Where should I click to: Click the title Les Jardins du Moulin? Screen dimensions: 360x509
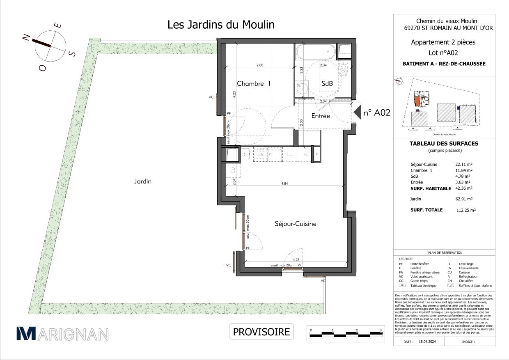tap(221, 25)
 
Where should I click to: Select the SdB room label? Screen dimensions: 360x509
tap(327, 83)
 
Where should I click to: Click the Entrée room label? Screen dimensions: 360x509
tap(320, 116)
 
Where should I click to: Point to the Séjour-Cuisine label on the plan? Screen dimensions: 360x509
tap(295, 224)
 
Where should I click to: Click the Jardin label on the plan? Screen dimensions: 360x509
tap(142, 181)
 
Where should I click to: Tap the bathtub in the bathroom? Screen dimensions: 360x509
tap(315, 53)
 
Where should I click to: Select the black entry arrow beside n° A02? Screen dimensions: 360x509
tap(357, 112)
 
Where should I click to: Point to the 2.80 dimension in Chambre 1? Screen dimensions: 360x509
tap(260, 65)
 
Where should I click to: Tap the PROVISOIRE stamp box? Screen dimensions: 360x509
tap(261, 332)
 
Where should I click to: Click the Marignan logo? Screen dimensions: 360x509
tap(62, 334)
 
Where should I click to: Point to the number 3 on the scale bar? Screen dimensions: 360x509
tap(381, 330)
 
